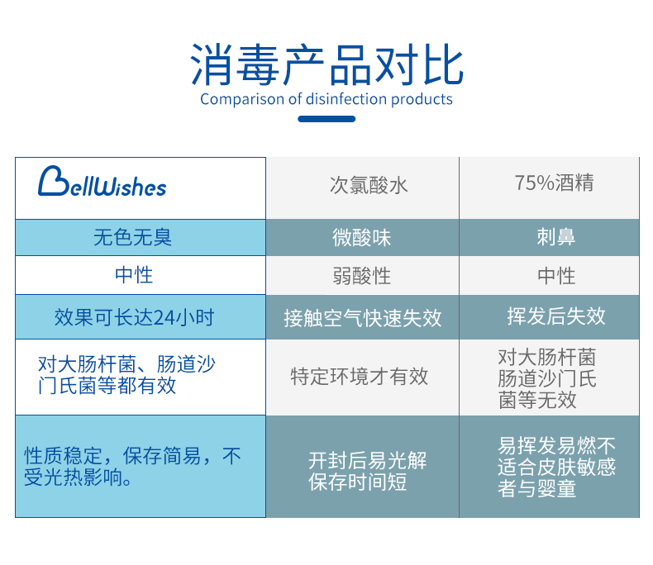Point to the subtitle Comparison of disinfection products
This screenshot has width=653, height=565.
click(326, 100)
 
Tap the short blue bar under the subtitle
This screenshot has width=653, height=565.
click(326, 119)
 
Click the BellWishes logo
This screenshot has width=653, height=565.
click(102, 183)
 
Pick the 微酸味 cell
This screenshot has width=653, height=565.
click(362, 238)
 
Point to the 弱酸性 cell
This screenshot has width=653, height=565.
click(362, 275)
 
